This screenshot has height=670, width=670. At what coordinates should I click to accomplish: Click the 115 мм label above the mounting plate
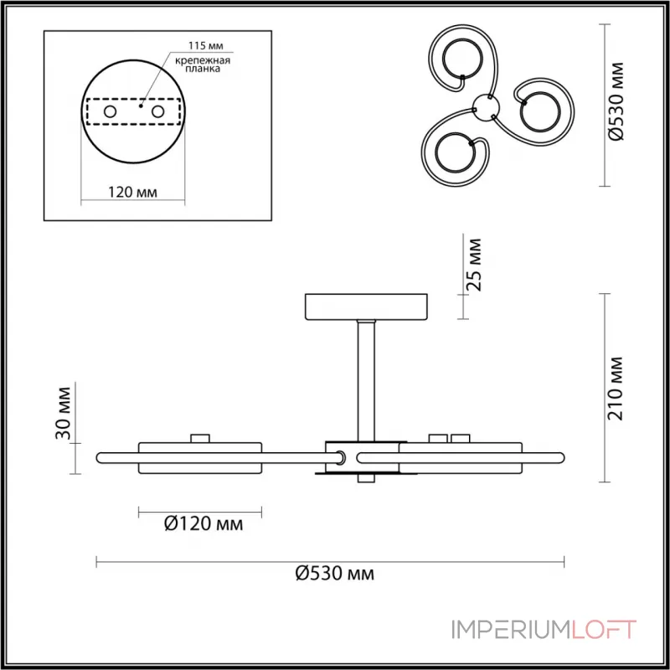click(x=206, y=45)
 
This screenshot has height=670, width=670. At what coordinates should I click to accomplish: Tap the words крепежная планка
click(x=203, y=64)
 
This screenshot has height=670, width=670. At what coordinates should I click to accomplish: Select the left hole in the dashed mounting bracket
click(x=110, y=112)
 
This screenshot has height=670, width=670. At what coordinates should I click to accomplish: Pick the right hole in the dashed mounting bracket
click(x=157, y=112)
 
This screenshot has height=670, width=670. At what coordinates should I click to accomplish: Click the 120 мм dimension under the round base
click(x=132, y=193)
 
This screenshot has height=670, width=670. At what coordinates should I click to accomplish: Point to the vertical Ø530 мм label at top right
click(x=616, y=101)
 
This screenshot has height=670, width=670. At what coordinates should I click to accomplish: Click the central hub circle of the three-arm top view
click(x=486, y=106)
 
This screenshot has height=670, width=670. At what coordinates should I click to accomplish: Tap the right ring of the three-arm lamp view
click(x=539, y=112)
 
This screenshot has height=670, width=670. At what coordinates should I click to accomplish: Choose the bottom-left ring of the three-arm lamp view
click(x=455, y=152)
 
